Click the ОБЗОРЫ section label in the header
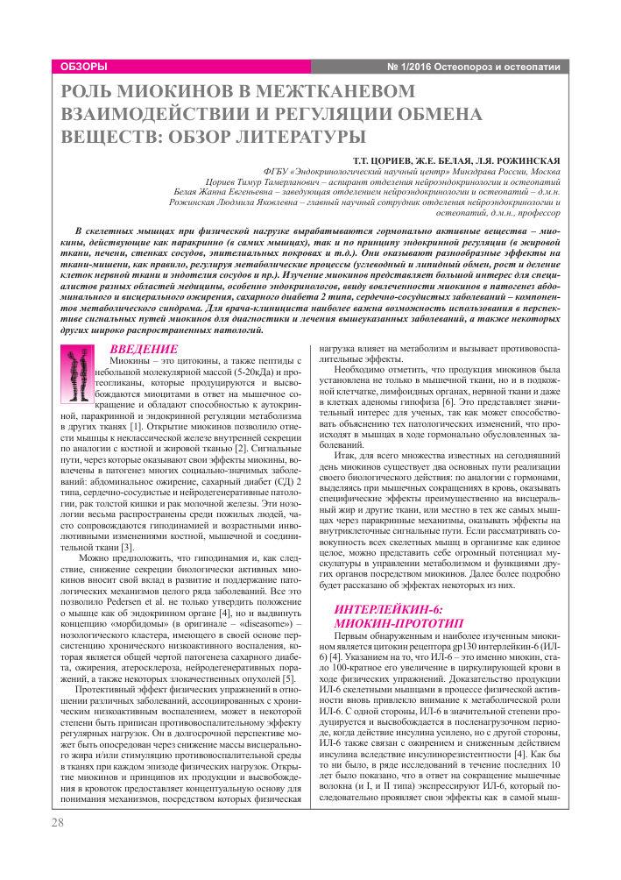(x=84, y=67)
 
